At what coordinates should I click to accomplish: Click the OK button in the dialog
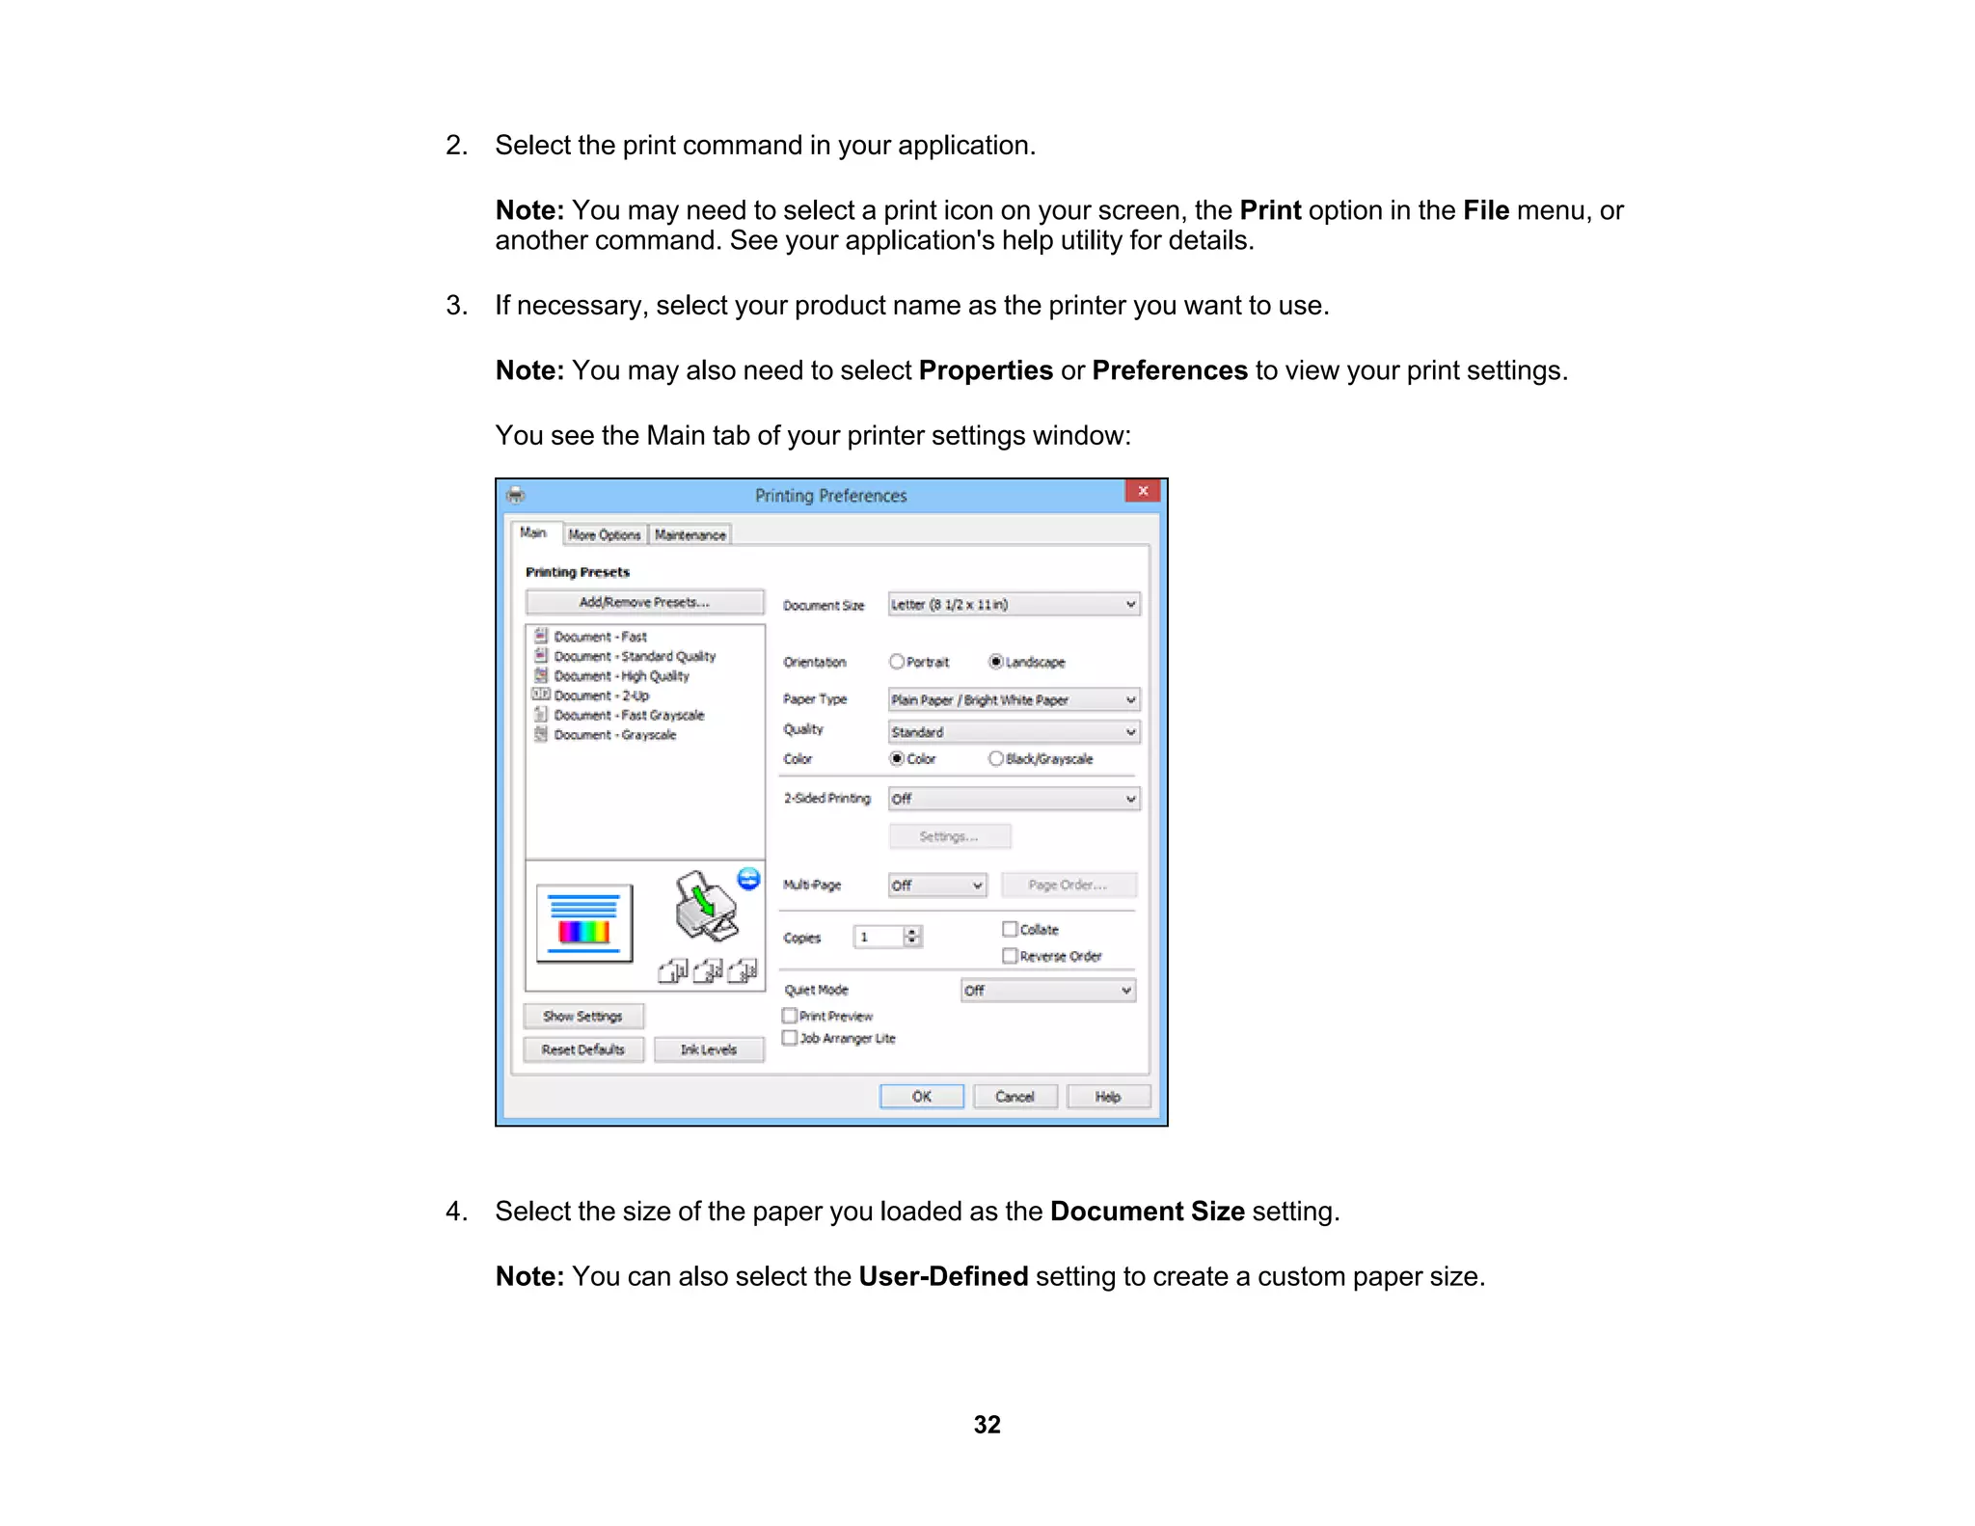(921, 1097)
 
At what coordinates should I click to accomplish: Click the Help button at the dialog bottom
(1108, 1097)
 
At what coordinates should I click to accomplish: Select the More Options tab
(605, 535)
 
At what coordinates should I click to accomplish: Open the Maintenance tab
(690, 535)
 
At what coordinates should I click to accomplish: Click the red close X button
(1143, 491)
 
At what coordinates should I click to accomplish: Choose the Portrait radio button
(897, 662)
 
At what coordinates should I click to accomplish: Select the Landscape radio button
(996, 662)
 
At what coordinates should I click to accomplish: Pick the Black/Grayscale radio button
(996, 759)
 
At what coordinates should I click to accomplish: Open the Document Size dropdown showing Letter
(1014, 605)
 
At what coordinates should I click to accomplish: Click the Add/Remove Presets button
(644, 603)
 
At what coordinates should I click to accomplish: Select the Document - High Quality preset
(621, 676)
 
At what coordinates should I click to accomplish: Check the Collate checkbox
(1010, 929)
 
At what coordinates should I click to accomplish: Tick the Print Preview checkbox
(790, 1016)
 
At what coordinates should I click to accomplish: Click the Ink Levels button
(709, 1049)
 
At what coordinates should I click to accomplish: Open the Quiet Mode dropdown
(1048, 991)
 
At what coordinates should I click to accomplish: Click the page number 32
(987, 1425)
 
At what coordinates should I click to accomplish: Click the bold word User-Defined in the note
(943, 1276)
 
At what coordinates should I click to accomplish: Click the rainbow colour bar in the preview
(584, 932)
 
